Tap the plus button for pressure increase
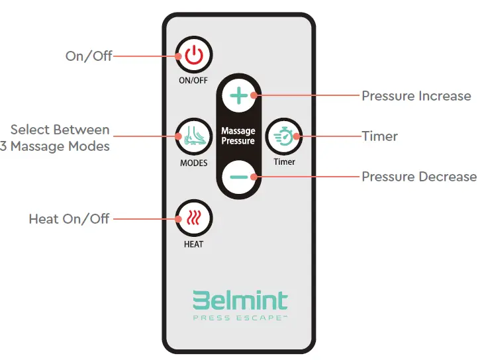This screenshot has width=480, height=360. [238, 96]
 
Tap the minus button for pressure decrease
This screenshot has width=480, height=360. [238, 177]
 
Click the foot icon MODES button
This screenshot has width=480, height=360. [193, 136]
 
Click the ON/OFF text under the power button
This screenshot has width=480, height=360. [193, 81]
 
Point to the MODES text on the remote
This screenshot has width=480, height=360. [193, 163]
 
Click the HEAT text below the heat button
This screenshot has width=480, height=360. [193, 244]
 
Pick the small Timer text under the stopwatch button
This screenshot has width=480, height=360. [284, 161]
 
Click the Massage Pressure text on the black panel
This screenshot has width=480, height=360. [238, 136]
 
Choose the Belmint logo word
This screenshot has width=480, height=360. [240, 301]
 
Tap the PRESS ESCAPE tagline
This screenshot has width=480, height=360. [240, 318]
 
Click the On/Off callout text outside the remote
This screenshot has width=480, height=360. [89, 56]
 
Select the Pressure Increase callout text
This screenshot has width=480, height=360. [416, 96]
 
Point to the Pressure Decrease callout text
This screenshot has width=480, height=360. [418, 177]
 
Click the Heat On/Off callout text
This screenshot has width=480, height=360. [69, 218]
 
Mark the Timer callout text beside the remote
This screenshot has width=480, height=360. [379, 136]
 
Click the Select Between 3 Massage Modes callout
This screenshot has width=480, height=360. [56, 138]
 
